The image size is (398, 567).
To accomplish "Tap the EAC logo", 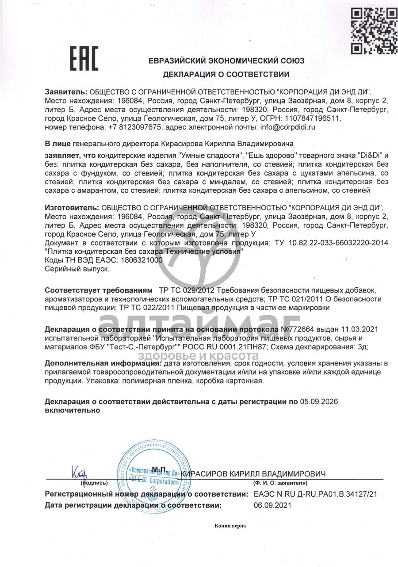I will pos(84,59).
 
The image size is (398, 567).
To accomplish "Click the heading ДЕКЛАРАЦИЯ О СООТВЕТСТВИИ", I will pos(226,75).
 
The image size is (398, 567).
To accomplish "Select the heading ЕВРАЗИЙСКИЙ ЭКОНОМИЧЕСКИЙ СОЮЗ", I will pos(226,61).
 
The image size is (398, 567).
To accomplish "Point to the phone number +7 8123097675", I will pos(135,127).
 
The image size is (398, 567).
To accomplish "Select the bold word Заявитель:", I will pos(66,92).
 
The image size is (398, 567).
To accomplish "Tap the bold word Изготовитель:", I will pos(72,208).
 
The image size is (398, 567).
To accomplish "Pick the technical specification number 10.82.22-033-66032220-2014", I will pos(339,243).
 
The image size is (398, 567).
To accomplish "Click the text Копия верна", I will pos(230,526).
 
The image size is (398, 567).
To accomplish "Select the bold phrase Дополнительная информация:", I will pos(103,363).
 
